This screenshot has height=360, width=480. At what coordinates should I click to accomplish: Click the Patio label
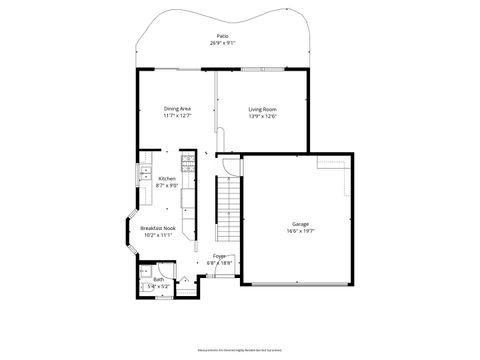click(221, 36)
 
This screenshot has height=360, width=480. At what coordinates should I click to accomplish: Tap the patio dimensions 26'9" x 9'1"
click(221, 43)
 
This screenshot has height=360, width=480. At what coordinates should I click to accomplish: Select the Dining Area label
click(177, 108)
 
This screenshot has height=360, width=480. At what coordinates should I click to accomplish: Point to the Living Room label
click(262, 108)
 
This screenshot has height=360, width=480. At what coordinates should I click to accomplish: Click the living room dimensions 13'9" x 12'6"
click(262, 115)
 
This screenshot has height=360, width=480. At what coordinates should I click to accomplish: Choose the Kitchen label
click(167, 178)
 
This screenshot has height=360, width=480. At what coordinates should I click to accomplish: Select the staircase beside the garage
click(229, 210)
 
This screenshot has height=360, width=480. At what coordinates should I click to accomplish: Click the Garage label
click(300, 223)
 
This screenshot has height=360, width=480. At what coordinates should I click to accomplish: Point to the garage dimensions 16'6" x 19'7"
click(300, 230)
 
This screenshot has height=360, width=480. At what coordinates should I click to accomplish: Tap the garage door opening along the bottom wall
click(295, 284)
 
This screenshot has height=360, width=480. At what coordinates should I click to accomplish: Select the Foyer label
click(219, 256)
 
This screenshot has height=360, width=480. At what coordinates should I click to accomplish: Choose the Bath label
click(158, 280)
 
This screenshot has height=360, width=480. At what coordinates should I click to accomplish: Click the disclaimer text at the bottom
click(240, 351)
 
